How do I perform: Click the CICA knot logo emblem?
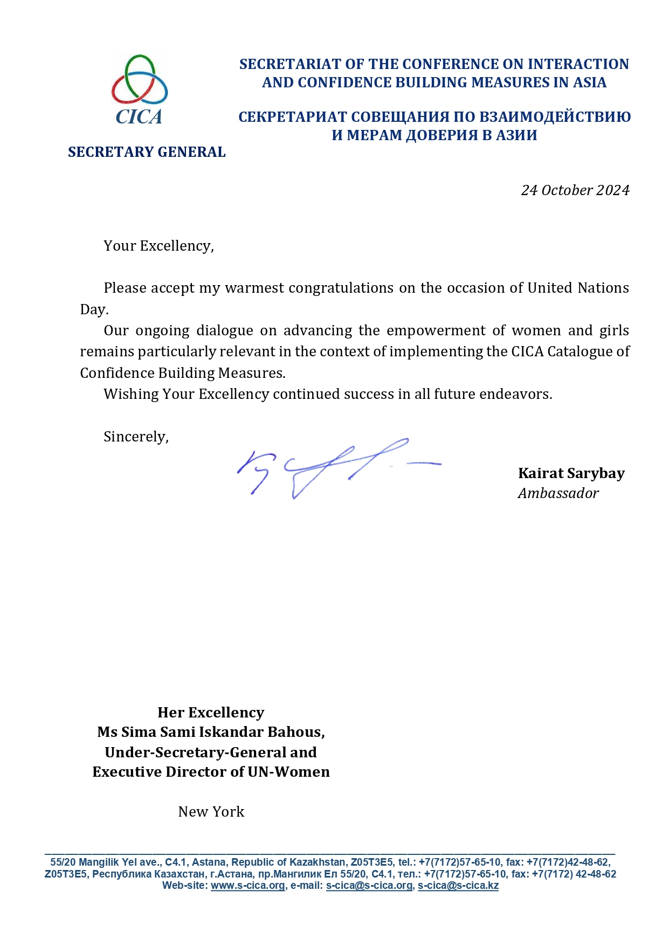139,80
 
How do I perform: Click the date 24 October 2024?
575,190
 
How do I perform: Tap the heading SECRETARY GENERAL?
147,153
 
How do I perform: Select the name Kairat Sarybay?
571,473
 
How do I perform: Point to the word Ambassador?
558,493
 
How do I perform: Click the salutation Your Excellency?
158,246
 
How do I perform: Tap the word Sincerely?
135,437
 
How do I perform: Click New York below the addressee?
211,812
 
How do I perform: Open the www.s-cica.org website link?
247,886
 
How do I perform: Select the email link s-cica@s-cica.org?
369,886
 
